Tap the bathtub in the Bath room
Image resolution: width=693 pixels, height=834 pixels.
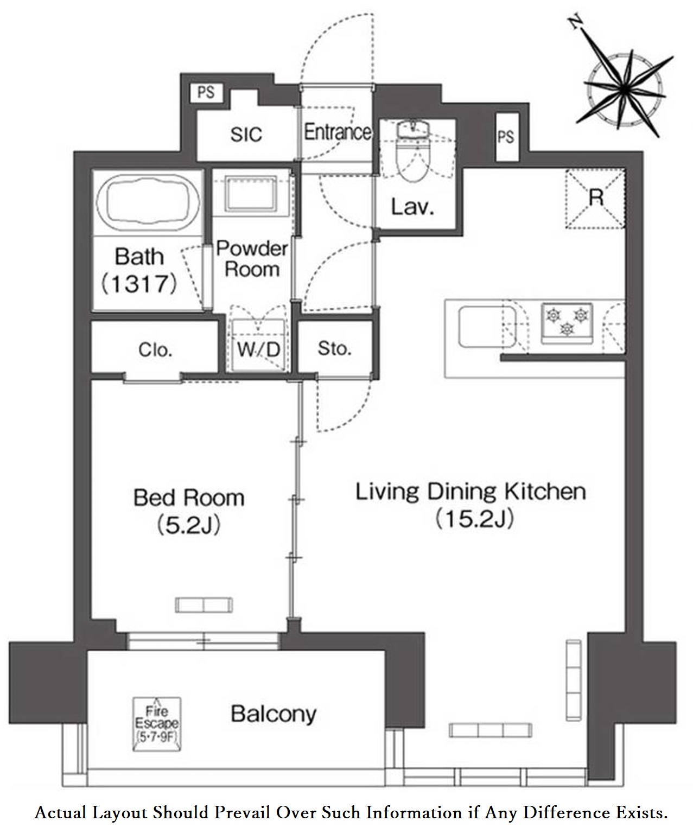(148, 203)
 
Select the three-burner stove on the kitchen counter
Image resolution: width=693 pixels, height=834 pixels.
(567, 323)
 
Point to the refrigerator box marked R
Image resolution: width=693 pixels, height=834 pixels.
(595, 199)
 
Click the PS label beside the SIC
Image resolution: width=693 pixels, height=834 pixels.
(206, 93)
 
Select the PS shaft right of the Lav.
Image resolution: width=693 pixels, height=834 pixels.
(506, 137)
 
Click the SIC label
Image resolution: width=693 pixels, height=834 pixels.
(246, 135)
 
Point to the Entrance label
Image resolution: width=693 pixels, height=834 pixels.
(338, 132)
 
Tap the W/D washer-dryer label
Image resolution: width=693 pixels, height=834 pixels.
(258, 350)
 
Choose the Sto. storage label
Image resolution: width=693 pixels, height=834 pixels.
(334, 349)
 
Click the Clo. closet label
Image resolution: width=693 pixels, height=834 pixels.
(155, 350)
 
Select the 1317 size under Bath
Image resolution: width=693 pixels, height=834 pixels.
(139, 284)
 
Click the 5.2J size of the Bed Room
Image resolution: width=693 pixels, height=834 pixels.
(188, 525)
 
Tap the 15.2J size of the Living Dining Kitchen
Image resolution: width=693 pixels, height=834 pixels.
(474, 519)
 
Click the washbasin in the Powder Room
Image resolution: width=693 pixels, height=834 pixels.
(251, 193)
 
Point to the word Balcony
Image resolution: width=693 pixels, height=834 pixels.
(274, 714)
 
